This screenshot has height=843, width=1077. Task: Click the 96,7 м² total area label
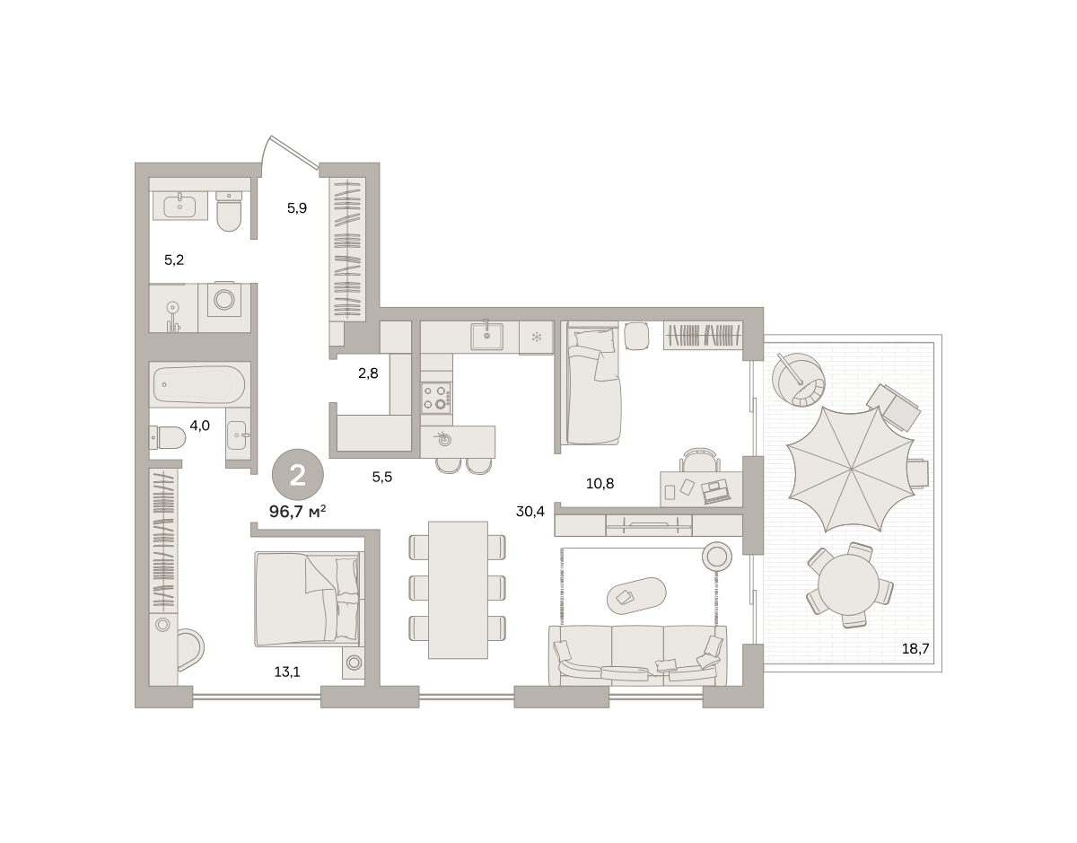click(x=297, y=511)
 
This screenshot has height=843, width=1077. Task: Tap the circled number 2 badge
click(x=297, y=475)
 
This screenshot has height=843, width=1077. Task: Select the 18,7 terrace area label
click(x=915, y=649)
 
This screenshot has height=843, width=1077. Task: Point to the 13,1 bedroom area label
click(x=287, y=672)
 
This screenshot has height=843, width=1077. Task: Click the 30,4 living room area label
click(x=530, y=512)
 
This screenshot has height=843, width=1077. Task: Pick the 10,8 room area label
click(x=600, y=483)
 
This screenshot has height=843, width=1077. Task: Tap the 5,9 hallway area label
click(x=297, y=208)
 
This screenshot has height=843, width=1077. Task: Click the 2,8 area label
click(x=368, y=373)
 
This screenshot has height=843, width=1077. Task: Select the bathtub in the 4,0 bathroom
click(x=199, y=384)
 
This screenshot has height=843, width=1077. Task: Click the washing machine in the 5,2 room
click(x=224, y=299)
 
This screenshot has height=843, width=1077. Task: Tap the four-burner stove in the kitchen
click(x=436, y=398)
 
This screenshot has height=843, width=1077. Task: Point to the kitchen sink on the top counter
click(x=486, y=336)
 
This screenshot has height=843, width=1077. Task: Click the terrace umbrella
click(x=851, y=469)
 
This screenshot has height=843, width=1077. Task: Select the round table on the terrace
click(x=848, y=584)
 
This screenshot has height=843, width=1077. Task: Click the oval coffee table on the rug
click(x=636, y=596)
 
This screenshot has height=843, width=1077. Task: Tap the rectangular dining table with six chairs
click(x=458, y=590)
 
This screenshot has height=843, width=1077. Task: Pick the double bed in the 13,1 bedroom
click(x=307, y=599)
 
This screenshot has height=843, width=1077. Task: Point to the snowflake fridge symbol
click(x=537, y=338)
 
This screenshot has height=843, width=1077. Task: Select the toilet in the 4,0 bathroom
click(x=168, y=437)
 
